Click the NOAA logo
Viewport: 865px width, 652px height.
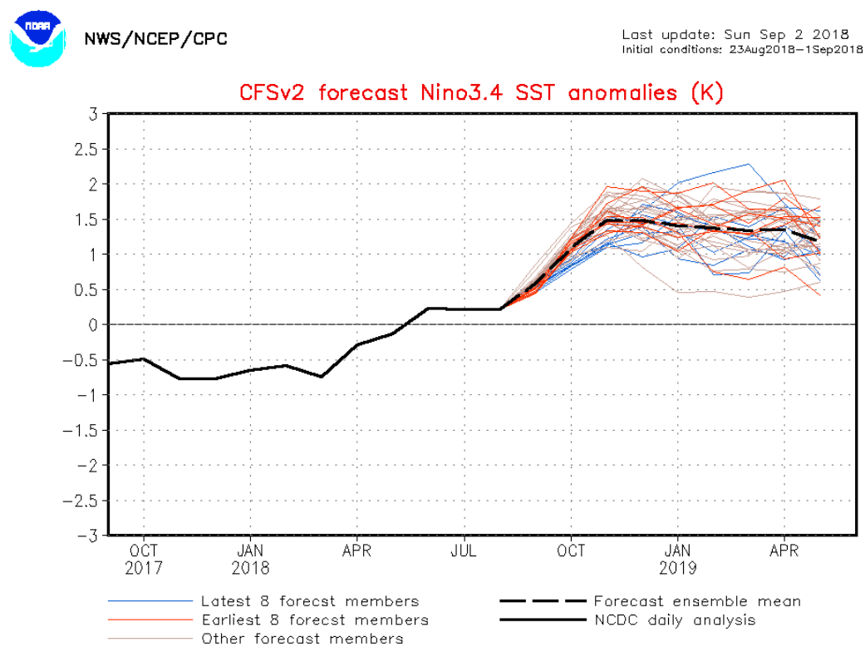tap(37, 38)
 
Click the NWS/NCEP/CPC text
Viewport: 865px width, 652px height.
tap(155, 39)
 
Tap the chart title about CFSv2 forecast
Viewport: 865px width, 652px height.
tap(481, 92)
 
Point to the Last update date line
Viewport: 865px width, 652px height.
tap(735, 35)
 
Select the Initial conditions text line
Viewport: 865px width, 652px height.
tap(735, 49)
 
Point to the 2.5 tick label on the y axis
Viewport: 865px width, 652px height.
tap(86, 149)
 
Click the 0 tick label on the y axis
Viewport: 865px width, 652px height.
tap(94, 324)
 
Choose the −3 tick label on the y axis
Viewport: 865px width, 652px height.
tap(88, 536)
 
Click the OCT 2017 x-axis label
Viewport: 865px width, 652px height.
tap(143, 559)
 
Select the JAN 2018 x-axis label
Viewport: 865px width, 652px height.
tap(250, 559)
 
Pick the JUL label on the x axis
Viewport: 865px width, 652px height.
tap(464, 551)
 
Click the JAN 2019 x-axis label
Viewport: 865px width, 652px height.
tap(678, 559)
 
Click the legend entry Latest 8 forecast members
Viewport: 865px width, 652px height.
tap(309, 601)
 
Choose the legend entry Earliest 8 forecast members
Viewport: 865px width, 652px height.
tap(314, 620)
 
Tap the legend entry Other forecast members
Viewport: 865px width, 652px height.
tap(302, 638)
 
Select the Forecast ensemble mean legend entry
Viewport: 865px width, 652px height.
tap(696, 601)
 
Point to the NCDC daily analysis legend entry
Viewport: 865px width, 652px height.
tap(674, 620)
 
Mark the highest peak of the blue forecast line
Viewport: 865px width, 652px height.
tap(750, 164)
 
